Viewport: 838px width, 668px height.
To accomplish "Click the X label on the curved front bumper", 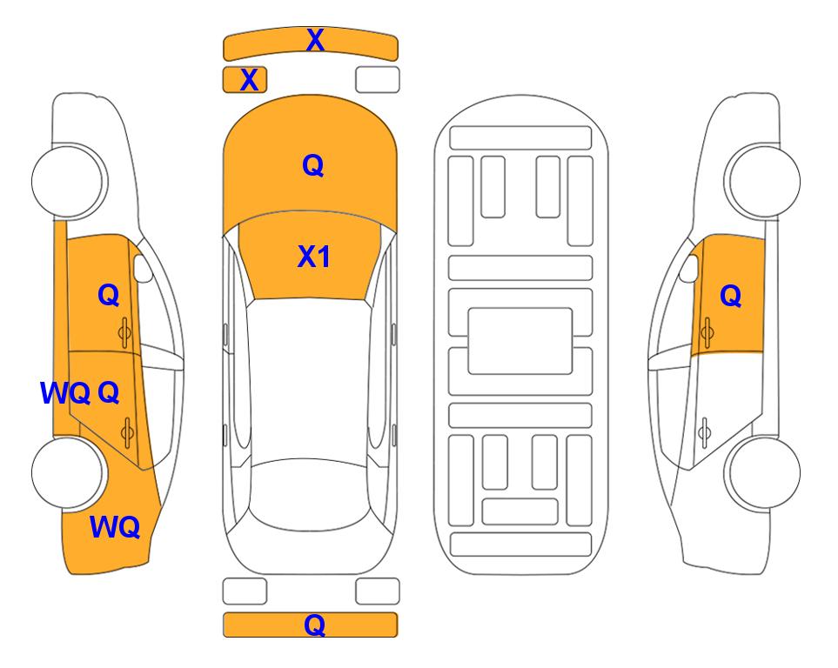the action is pos(315,40).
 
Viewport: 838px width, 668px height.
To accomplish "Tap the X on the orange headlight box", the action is pos(249,80).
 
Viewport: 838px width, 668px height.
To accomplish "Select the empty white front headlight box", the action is pos(378,80).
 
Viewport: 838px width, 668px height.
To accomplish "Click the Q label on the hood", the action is pos(313,165).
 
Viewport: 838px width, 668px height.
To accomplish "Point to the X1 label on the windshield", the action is pos(314,257).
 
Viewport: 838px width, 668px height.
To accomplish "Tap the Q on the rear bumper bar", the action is pos(315,625).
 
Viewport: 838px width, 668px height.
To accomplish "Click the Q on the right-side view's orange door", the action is pos(731,296).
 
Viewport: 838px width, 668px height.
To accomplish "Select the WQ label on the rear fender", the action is pos(115,527).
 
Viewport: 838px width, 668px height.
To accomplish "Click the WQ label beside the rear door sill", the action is pos(65,393).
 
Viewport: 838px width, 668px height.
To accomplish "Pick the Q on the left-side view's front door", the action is pos(109,295).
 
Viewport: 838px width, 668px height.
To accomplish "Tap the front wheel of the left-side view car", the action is pos(68,181).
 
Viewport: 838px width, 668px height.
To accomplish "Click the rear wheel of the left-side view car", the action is pos(68,472).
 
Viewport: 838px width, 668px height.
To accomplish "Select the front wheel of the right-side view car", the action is pos(762,181).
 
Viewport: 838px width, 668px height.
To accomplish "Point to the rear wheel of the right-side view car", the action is pos(762,472).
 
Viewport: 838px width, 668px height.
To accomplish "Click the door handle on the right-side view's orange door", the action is pos(707,332).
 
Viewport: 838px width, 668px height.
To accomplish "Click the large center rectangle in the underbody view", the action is pos(520,341).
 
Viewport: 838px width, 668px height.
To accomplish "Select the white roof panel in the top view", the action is pos(309,379).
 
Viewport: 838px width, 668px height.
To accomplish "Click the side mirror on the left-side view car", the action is pos(143,268).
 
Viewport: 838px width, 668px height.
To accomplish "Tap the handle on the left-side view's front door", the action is pos(125,332).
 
